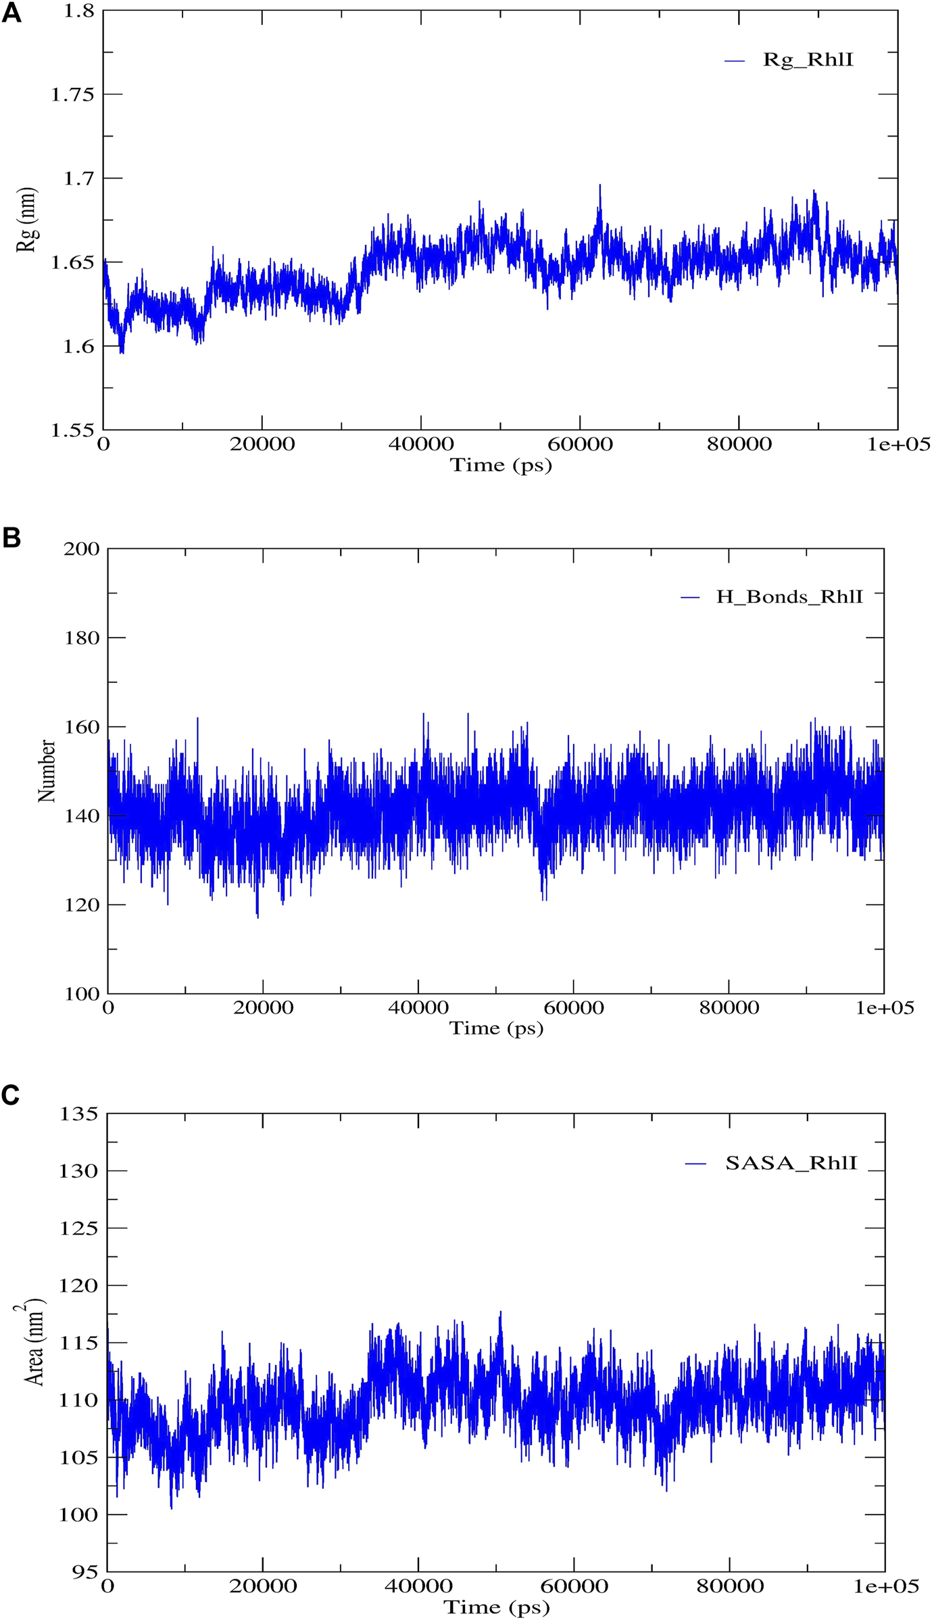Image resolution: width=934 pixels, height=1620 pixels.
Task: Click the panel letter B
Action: click(11, 538)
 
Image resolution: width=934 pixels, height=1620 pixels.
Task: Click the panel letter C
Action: click(11, 1095)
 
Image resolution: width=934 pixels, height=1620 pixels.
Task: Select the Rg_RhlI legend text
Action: click(808, 60)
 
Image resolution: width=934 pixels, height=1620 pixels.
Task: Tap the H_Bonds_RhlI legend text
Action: click(789, 597)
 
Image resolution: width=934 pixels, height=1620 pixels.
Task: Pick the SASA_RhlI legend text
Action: click(791, 1163)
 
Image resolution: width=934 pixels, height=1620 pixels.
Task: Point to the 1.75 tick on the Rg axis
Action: click(72, 94)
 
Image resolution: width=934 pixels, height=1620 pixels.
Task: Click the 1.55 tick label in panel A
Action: click(72, 429)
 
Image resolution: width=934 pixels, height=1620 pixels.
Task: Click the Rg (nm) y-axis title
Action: click(27, 220)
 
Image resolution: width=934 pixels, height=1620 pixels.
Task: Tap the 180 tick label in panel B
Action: click(81, 638)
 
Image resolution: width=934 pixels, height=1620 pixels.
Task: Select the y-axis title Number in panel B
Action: click(47, 771)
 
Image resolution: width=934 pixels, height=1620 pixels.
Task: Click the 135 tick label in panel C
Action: click(79, 1114)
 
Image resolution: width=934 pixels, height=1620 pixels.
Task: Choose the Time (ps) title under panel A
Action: click(501, 465)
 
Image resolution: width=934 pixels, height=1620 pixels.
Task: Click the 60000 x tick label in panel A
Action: click(580, 444)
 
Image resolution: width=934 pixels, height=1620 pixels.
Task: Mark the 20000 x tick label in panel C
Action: click(263, 1586)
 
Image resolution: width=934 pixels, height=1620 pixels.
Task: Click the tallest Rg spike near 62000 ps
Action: click(599, 186)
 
